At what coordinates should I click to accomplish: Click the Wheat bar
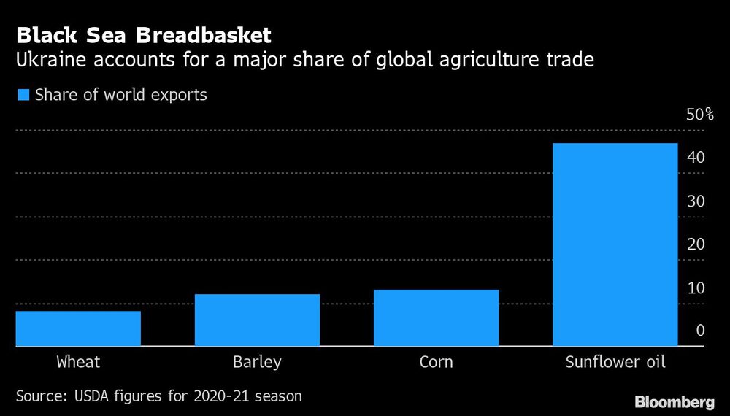coord(78,328)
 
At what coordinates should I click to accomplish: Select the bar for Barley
coord(257,320)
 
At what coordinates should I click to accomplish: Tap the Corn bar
coord(436,317)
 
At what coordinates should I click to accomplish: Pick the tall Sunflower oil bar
coord(615,244)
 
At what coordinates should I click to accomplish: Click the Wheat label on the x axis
coord(78,362)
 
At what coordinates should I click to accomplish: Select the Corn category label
coord(436,362)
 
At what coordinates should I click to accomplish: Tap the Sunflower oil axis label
coord(615,362)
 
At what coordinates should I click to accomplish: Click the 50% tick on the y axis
coord(699,115)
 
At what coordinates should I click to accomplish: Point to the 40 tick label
coord(696,158)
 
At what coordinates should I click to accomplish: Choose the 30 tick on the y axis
coord(696,201)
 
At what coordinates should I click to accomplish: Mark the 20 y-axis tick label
coord(696,244)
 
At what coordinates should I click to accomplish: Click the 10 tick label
coord(696,288)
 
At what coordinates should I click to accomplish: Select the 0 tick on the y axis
coord(700,331)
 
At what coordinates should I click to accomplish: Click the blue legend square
coord(23,95)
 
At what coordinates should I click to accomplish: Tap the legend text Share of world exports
coord(121,95)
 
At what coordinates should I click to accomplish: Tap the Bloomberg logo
coord(674,401)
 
